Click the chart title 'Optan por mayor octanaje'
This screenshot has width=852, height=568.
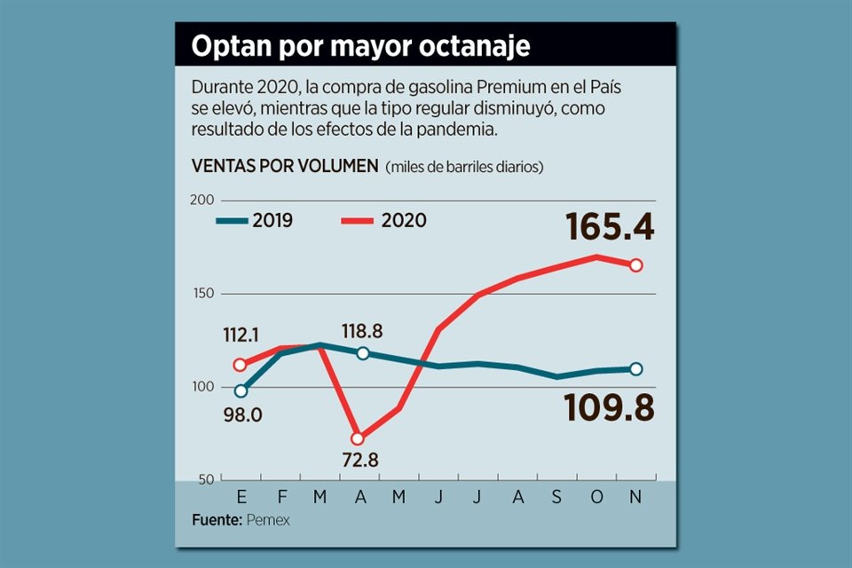pos(360,47)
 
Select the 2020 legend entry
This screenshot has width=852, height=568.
pos(383,220)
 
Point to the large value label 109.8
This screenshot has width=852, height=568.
pos(610,408)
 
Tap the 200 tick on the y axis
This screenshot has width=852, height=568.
pos(203,200)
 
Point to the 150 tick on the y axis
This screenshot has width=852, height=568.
pos(204,294)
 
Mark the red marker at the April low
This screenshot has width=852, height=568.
pos(358,438)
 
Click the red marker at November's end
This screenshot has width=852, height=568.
pos(636,265)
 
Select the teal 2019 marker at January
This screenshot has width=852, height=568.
pos(241,390)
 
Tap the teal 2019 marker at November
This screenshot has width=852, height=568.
pos(636,369)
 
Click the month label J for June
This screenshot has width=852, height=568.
pos(438,498)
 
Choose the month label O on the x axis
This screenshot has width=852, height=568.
pos(596,498)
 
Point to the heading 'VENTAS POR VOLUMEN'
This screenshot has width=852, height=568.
pos(285,166)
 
